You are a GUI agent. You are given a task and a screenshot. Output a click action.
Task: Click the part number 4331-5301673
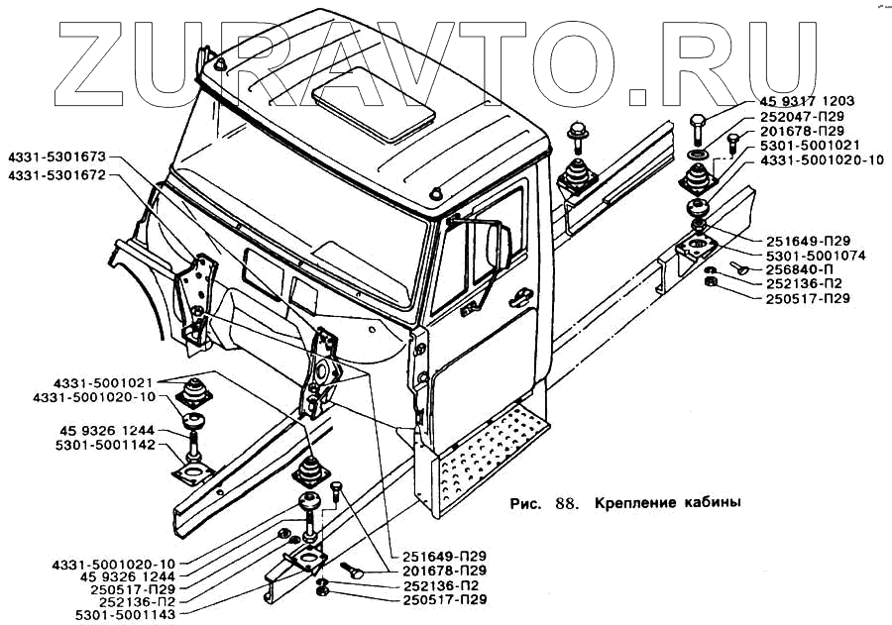point(56,157)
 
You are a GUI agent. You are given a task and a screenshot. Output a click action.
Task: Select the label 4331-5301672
point(56,174)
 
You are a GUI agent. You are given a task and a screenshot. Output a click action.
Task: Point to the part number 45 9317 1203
point(807,101)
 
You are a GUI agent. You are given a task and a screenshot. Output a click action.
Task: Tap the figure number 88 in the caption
point(566,502)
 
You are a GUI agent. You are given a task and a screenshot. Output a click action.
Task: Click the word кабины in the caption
point(713,502)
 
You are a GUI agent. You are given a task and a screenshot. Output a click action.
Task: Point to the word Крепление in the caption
point(633,502)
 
